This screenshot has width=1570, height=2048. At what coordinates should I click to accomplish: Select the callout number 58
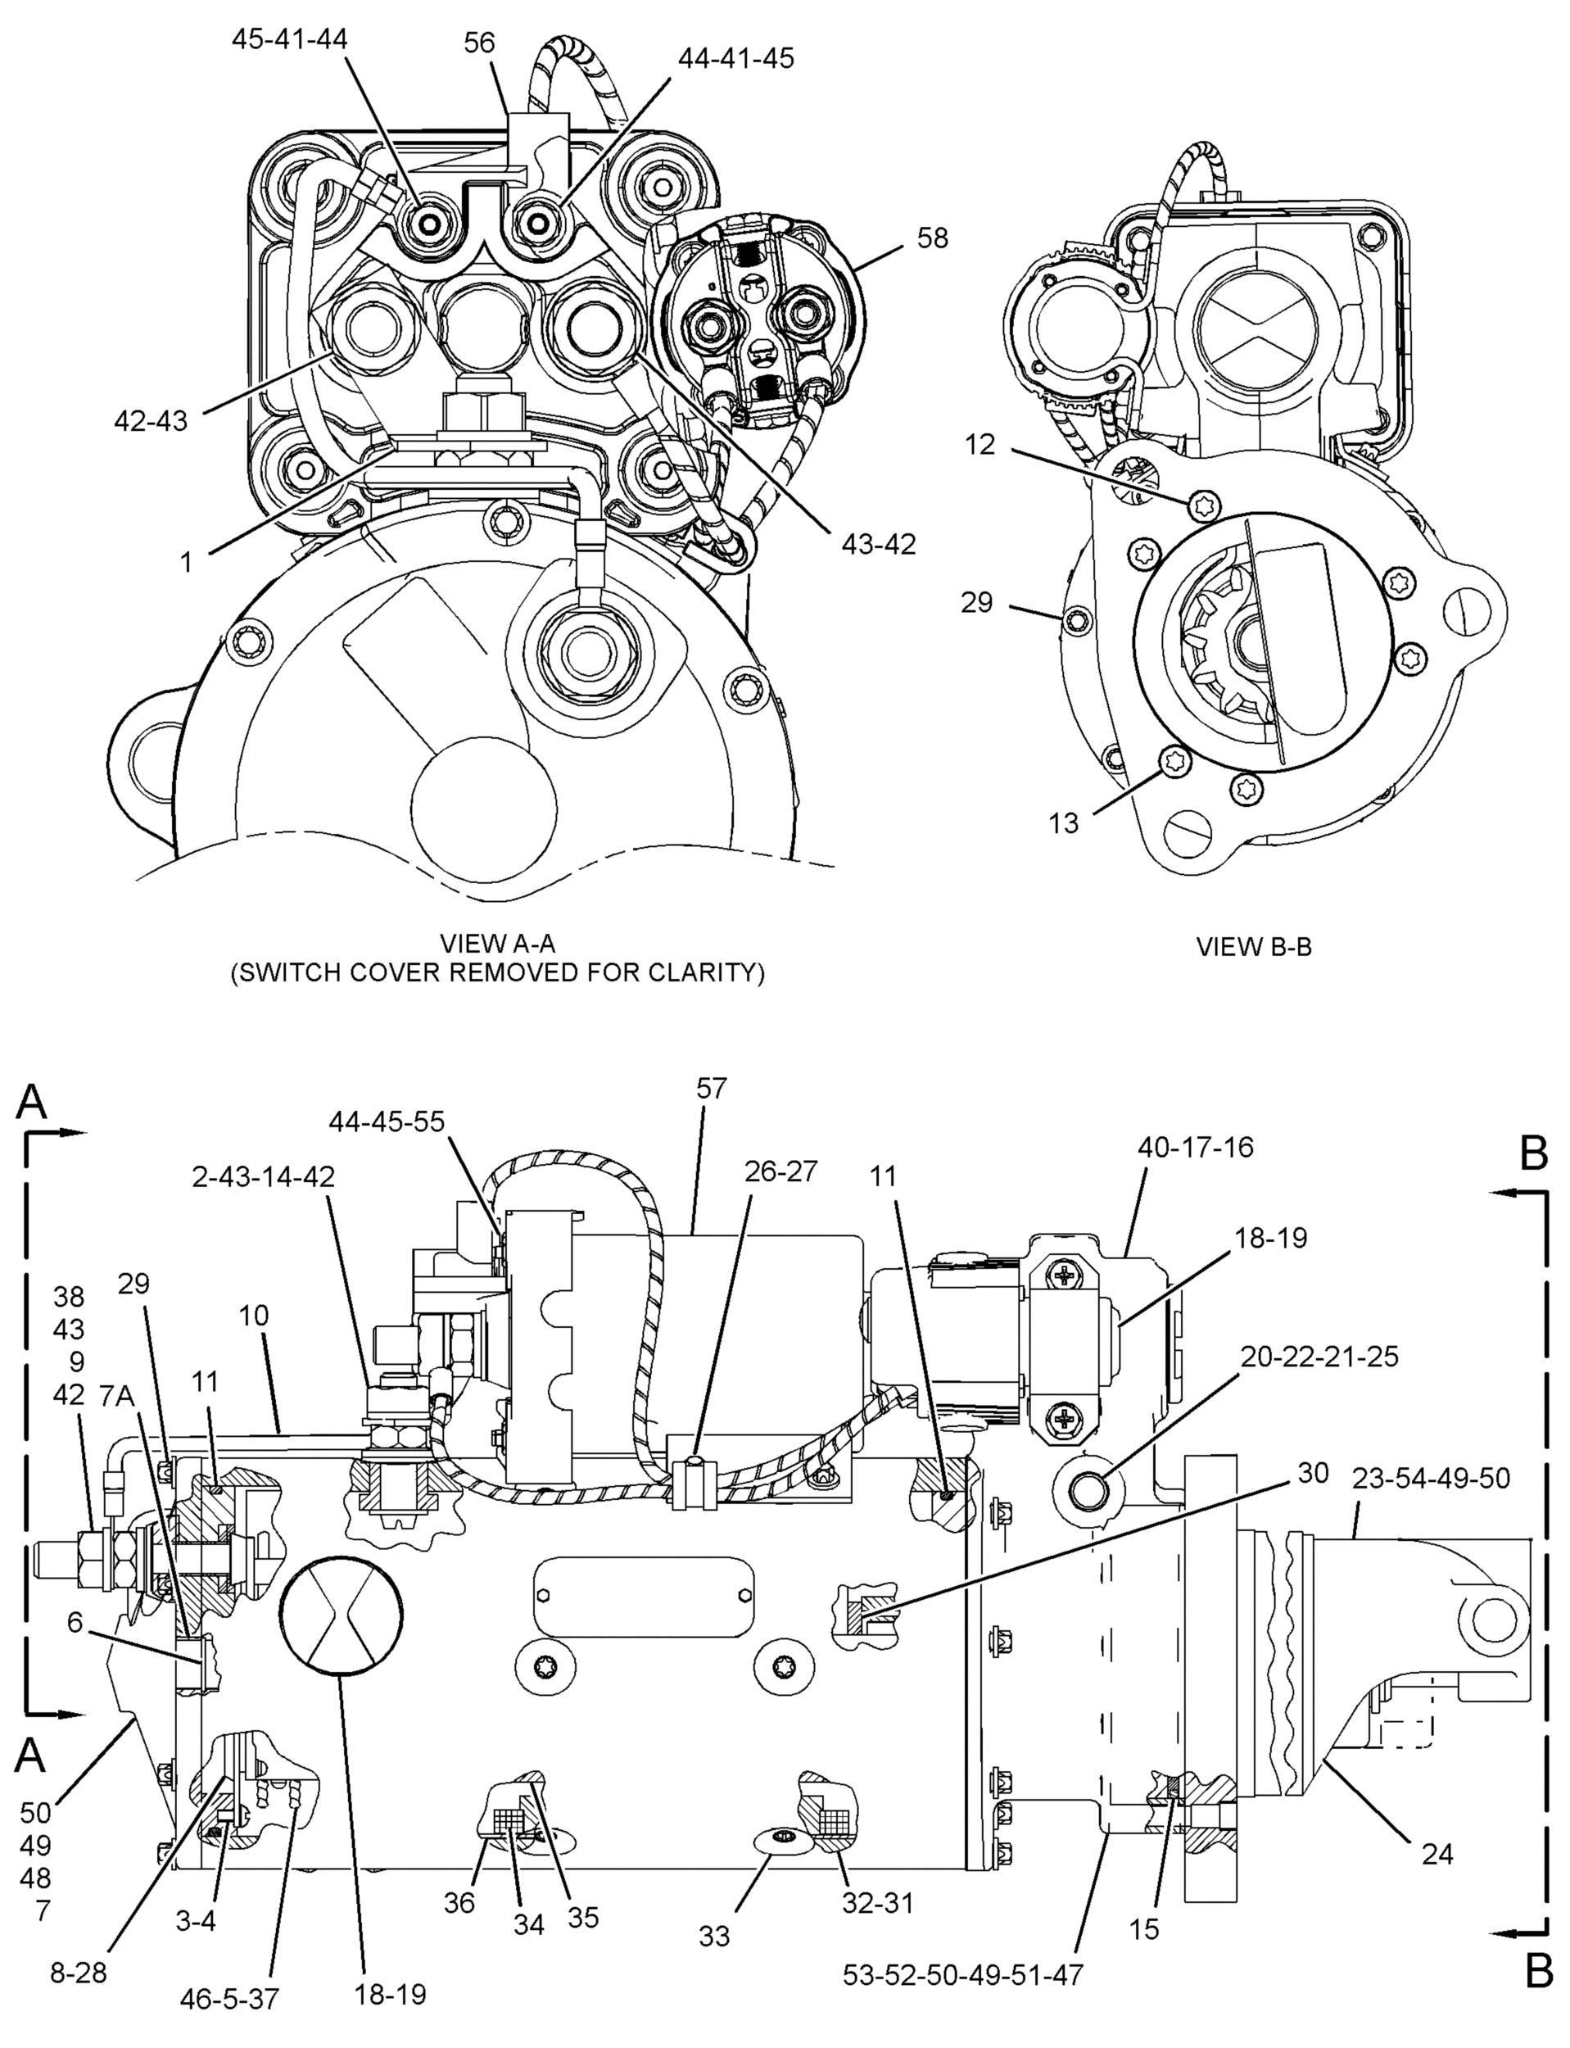(x=932, y=238)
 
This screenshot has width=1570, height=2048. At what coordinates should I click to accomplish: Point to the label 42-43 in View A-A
(x=151, y=420)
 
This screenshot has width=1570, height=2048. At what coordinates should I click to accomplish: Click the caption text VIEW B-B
(x=1254, y=947)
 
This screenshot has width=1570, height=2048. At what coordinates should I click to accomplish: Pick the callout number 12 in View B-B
(x=980, y=445)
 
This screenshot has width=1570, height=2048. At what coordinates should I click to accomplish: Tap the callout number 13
(x=1064, y=822)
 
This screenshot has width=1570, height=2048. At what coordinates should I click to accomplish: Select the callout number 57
(x=711, y=1088)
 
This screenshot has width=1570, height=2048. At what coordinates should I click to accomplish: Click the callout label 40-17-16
(x=1195, y=1147)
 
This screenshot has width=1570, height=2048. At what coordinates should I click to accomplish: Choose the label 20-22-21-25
(x=1319, y=1357)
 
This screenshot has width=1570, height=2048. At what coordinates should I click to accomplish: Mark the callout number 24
(x=1437, y=1854)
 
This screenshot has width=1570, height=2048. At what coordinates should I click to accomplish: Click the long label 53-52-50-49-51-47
(x=963, y=1975)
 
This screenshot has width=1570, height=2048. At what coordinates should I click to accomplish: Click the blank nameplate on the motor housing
(x=644, y=1597)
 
